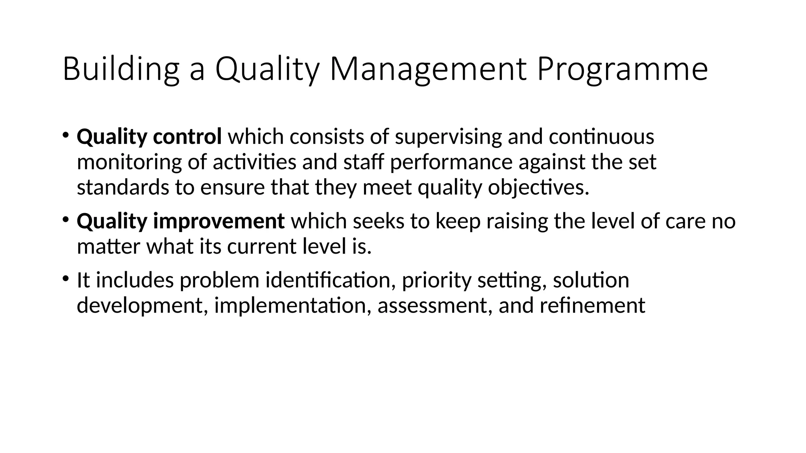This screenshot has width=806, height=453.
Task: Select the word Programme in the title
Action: click(622, 70)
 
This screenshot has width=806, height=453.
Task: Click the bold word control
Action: click(187, 137)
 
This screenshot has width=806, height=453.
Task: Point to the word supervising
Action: click(448, 137)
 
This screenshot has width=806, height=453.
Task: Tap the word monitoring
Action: click(129, 162)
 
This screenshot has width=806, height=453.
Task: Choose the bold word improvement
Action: click(218, 221)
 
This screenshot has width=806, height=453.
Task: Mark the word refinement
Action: click(592, 306)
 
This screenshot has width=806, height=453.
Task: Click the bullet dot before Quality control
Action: click(65, 135)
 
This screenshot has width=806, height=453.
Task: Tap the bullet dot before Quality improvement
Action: click(65, 219)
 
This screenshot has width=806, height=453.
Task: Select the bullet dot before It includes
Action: click(65, 278)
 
